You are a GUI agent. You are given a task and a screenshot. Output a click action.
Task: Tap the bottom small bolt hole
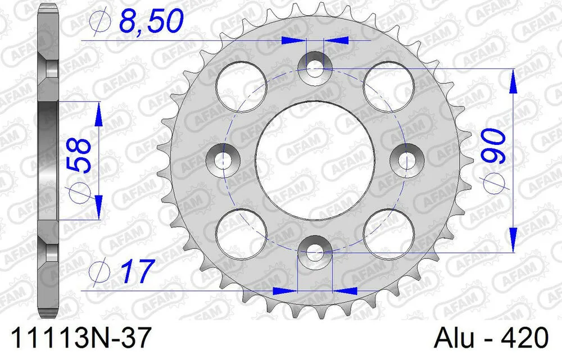point(315,253)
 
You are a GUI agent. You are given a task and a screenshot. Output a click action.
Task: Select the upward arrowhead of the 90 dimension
point(513,81)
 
